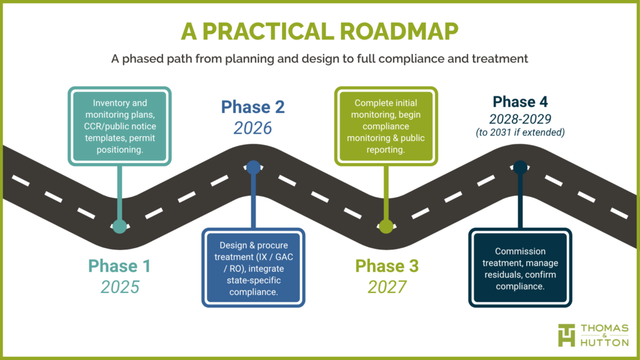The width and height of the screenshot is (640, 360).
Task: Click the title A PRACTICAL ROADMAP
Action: (319, 31)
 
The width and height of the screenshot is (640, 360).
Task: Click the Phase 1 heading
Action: (119, 266)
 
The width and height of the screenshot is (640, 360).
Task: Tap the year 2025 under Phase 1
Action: (119, 287)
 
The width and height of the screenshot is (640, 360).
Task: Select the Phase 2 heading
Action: (253, 107)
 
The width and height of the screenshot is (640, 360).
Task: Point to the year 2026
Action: (253, 128)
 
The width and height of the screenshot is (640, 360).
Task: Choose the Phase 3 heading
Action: (387, 266)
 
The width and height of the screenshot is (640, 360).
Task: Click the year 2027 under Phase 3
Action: (387, 287)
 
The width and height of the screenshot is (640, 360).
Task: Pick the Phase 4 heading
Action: (520, 102)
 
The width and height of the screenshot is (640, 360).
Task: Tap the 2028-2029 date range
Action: (520, 118)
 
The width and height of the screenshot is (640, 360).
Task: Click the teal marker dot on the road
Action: (119, 226)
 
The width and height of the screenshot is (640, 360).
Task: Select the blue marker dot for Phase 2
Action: (253, 167)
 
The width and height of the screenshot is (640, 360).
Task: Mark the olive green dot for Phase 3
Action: (386, 226)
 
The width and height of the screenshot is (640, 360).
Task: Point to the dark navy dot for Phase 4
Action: (520, 167)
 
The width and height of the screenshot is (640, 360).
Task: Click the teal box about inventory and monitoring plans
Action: (119, 126)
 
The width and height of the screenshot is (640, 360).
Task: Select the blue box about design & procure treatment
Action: (253, 267)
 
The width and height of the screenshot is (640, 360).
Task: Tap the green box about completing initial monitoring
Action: (387, 126)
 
